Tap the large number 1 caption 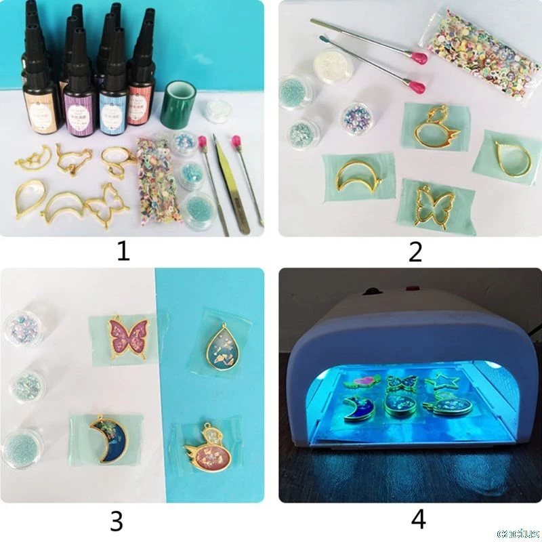point(123,251)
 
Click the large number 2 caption point(415,251)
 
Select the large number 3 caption point(117,520)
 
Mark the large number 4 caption point(418,520)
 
